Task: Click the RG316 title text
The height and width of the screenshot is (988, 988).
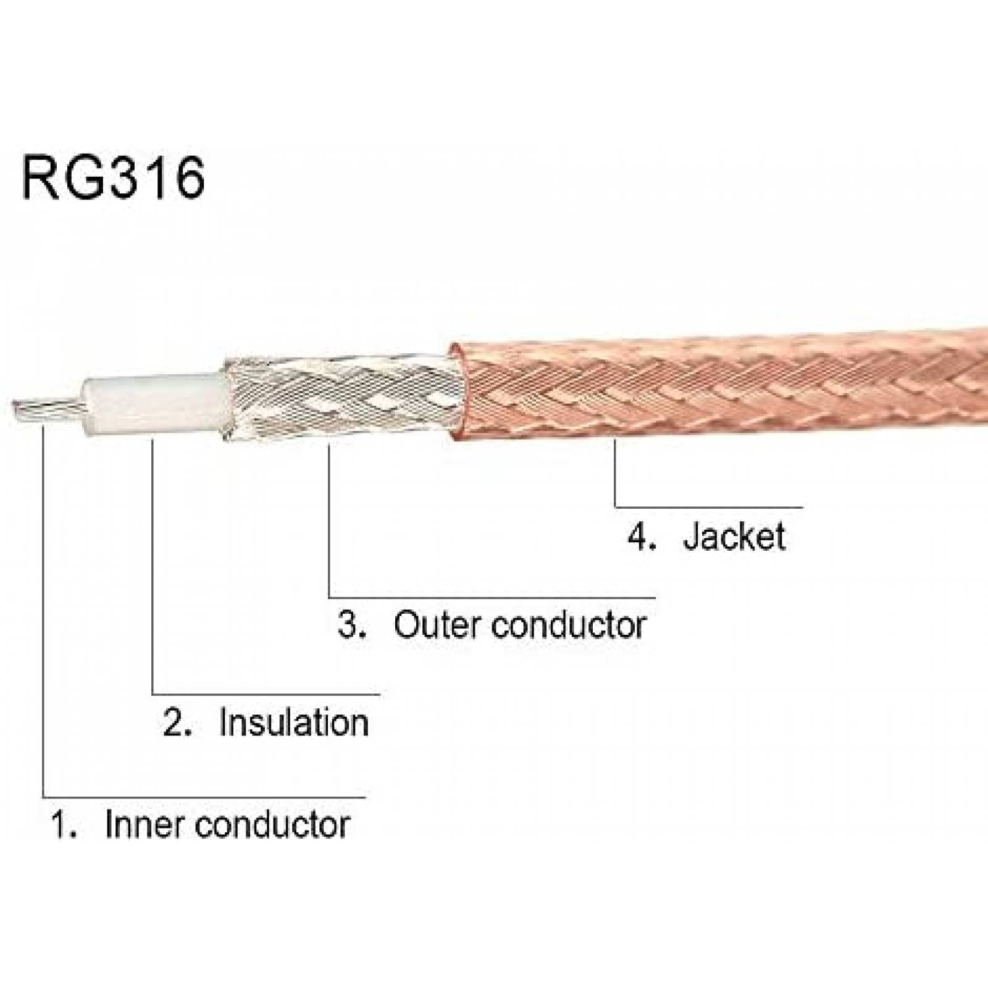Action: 113,178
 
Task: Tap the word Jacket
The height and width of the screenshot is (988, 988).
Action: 734,536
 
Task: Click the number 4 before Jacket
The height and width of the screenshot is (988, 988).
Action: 640,536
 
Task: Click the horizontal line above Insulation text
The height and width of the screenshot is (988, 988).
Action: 266,695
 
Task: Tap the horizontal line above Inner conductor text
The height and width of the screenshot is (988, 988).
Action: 204,797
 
